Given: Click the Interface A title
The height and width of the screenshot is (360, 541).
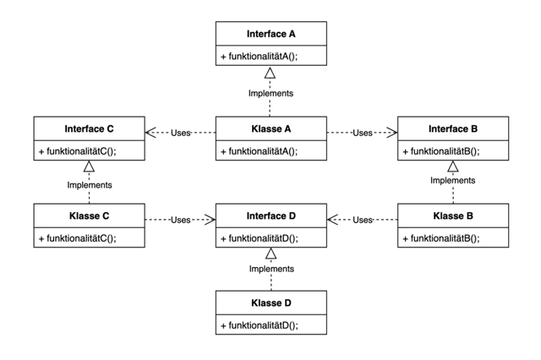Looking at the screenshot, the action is [x=270, y=34].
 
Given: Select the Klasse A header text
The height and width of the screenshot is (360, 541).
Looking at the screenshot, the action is [x=270, y=129].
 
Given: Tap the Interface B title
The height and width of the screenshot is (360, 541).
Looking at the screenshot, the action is [x=453, y=129].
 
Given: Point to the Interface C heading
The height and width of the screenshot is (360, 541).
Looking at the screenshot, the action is [x=89, y=129].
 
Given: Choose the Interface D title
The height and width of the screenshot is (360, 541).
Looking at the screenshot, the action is [x=270, y=215].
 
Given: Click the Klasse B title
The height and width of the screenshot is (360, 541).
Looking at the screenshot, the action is [x=453, y=215].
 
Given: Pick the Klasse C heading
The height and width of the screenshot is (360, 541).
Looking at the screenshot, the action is [x=89, y=215].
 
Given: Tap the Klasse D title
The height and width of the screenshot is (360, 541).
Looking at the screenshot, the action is [x=270, y=303].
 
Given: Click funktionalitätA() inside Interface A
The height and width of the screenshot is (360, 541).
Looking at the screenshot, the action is [x=260, y=57].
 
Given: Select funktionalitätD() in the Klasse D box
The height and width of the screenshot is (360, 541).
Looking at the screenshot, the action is [x=260, y=325].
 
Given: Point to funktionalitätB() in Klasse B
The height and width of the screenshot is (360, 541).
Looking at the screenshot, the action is [x=441, y=238].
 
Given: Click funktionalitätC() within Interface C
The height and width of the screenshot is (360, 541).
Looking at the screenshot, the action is [x=77, y=151].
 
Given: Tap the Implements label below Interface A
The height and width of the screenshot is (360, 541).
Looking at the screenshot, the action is [x=270, y=94].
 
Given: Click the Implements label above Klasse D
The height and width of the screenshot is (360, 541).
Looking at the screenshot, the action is [x=271, y=269].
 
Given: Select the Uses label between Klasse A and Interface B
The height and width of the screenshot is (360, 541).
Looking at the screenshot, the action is [x=363, y=133].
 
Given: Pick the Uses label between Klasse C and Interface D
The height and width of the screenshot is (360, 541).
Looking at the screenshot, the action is [x=180, y=220].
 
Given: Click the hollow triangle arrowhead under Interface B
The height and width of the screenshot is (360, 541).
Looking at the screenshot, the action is [x=453, y=166].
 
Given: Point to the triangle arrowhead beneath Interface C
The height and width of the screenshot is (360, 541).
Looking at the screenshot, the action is [x=89, y=166].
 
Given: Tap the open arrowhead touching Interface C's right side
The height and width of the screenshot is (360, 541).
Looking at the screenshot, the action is [x=150, y=133].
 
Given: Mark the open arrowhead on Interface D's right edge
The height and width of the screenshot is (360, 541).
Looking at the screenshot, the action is [x=332, y=220].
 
